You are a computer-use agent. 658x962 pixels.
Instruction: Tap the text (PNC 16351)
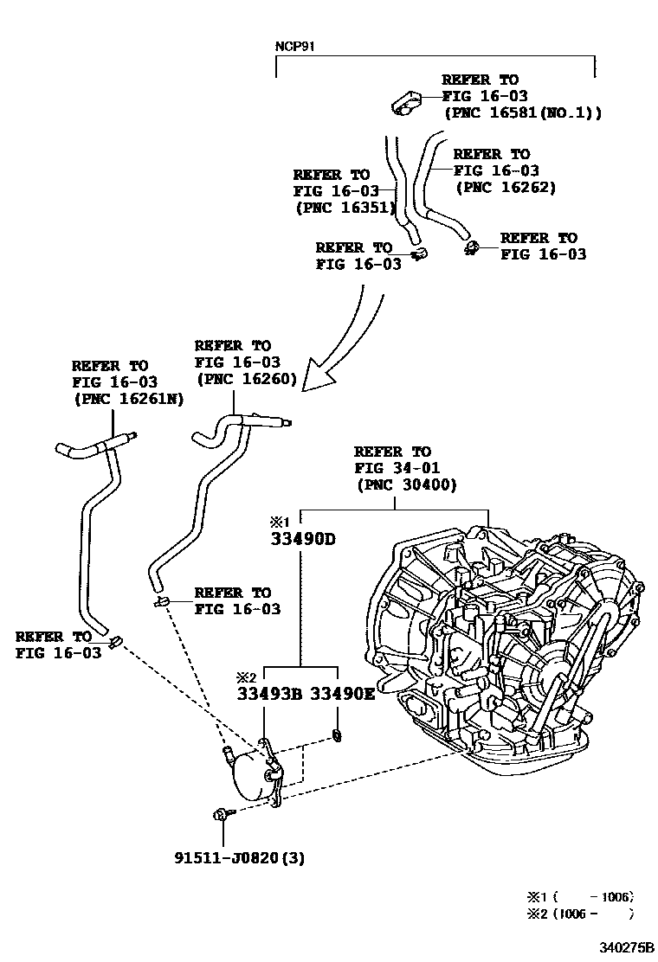point(345,208)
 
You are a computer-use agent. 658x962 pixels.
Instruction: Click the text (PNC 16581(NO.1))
point(522,112)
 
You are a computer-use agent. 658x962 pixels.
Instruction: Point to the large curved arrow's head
point(313,378)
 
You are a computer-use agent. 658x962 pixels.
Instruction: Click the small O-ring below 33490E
point(334,736)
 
